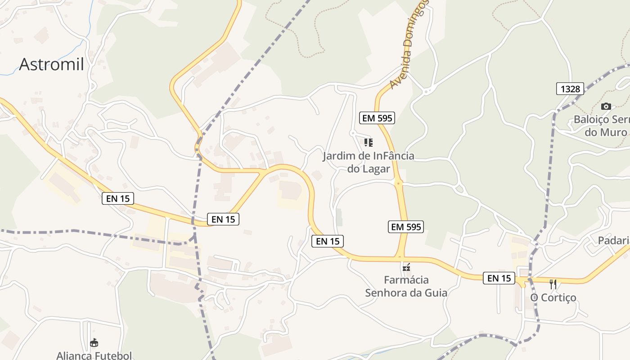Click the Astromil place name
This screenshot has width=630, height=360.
[51, 64]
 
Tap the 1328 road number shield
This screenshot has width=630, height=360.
[570, 89]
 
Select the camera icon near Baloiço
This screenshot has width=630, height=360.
[606, 106]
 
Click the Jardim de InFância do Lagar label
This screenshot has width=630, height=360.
[369, 162]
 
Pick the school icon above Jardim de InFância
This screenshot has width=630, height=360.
[369, 143]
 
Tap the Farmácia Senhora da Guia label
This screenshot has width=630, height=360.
[406, 287]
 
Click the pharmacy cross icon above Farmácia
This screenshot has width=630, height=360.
[406, 267]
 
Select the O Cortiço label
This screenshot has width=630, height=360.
[553, 297]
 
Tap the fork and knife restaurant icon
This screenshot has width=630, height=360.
[553, 284]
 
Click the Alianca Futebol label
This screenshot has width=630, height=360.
[94, 355]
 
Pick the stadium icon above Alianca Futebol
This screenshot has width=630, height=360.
[94, 343]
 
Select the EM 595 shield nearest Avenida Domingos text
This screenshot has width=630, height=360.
[377, 118]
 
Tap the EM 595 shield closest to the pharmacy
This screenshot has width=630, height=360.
[406, 227]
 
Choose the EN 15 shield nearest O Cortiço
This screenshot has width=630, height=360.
[499, 278]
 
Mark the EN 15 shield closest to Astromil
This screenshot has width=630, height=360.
[118, 198]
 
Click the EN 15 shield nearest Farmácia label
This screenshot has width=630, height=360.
[328, 241]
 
